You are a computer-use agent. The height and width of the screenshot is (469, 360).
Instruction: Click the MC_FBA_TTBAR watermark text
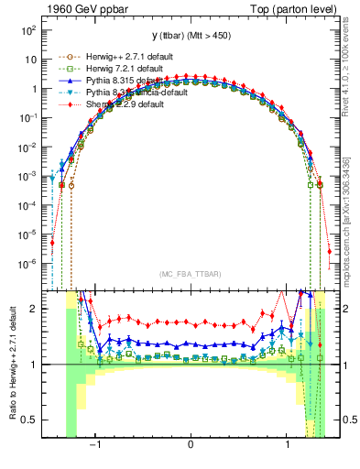tap(190, 272)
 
